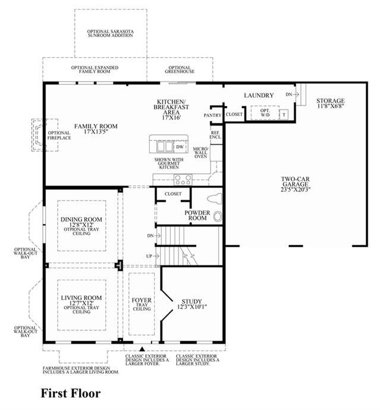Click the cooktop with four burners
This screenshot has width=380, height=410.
pos(183,180)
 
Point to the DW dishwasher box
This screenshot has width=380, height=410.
pos(180,147)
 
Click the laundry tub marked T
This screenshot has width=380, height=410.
pos(284,114)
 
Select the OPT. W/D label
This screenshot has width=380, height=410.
pos(265,112)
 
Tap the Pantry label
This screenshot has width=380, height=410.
pos(212,115)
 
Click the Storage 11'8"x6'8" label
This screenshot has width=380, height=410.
pos(330,103)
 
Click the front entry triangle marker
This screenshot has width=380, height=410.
pos(142,349)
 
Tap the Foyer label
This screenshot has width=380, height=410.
pos(142,301)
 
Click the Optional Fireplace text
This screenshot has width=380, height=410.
pos(59,135)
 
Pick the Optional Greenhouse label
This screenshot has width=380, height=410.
pos(180,69)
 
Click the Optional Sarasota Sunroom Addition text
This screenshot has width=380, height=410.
pos(110,33)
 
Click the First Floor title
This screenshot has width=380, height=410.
pos(71,393)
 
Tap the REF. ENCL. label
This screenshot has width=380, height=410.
pos(215,135)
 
